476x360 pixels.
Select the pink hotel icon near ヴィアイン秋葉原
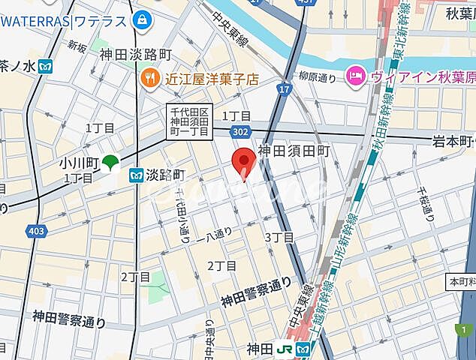354,75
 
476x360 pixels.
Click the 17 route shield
283,90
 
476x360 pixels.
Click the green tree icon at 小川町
110,161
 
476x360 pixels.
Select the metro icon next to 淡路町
137,175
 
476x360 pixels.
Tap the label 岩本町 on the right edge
454,142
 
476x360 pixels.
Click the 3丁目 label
279,237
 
